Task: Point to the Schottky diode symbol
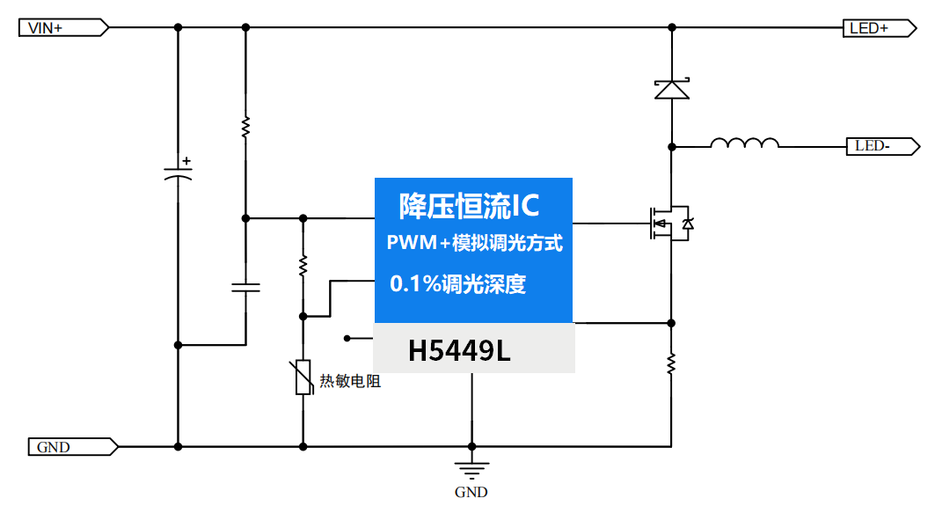[671, 89]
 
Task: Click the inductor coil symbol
[744, 144]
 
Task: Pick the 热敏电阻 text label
[350, 381]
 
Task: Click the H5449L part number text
[458, 351]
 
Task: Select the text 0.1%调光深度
[457, 284]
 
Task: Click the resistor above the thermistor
[303, 264]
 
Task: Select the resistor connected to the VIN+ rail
[245, 127]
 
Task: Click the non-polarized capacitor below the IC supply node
[245, 287]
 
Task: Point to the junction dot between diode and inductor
[671, 146]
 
